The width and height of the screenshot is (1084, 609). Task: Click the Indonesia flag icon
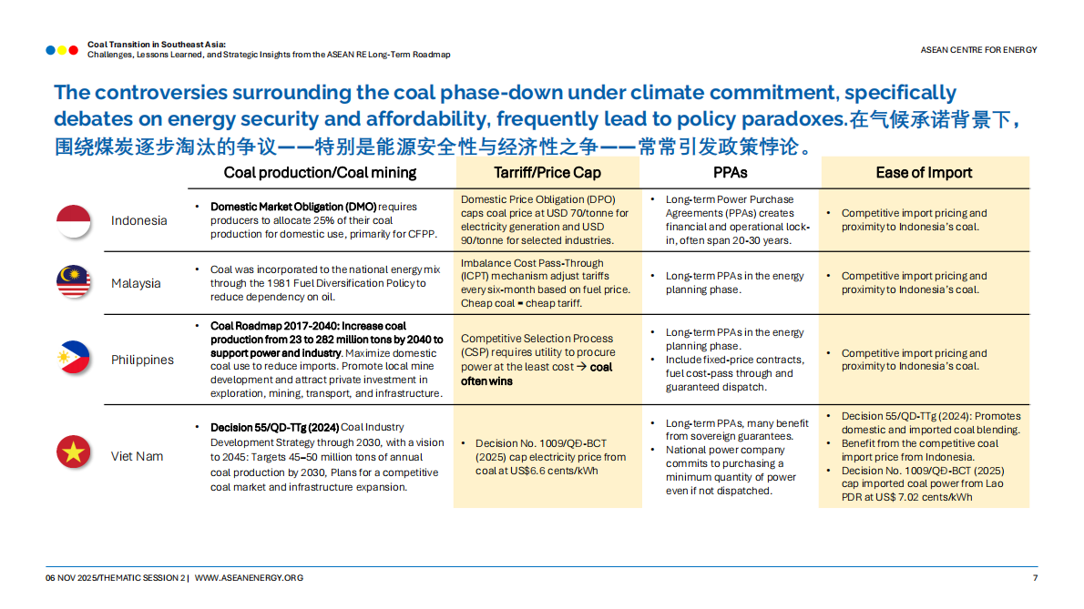tap(73, 221)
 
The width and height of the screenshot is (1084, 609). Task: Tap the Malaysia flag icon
tap(73, 281)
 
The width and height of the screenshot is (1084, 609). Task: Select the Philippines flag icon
tap(73, 358)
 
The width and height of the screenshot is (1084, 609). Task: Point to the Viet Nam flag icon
tap(73, 452)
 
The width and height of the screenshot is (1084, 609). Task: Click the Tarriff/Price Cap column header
tap(547, 173)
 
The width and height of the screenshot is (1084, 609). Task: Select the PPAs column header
tap(730, 173)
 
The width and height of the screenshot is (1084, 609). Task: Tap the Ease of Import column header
tap(924, 173)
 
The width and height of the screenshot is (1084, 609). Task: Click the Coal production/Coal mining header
tap(320, 173)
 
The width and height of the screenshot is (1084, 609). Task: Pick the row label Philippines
tap(142, 360)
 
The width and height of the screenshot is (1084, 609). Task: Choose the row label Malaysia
tap(136, 283)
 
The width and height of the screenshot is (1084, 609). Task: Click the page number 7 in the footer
tap(1035, 578)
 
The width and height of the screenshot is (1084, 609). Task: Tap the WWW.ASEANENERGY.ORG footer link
tap(249, 578)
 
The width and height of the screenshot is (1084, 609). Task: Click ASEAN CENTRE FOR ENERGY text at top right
tap(978, 50)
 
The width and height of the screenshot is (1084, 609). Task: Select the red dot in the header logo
tap(73, 50)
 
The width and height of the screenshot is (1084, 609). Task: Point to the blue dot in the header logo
tap(50, 50)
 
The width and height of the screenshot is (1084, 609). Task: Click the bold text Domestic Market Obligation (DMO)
tap(293, 207)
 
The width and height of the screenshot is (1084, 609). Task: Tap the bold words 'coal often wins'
tap(537, 373)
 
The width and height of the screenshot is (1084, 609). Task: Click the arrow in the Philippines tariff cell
tap(582, 367)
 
